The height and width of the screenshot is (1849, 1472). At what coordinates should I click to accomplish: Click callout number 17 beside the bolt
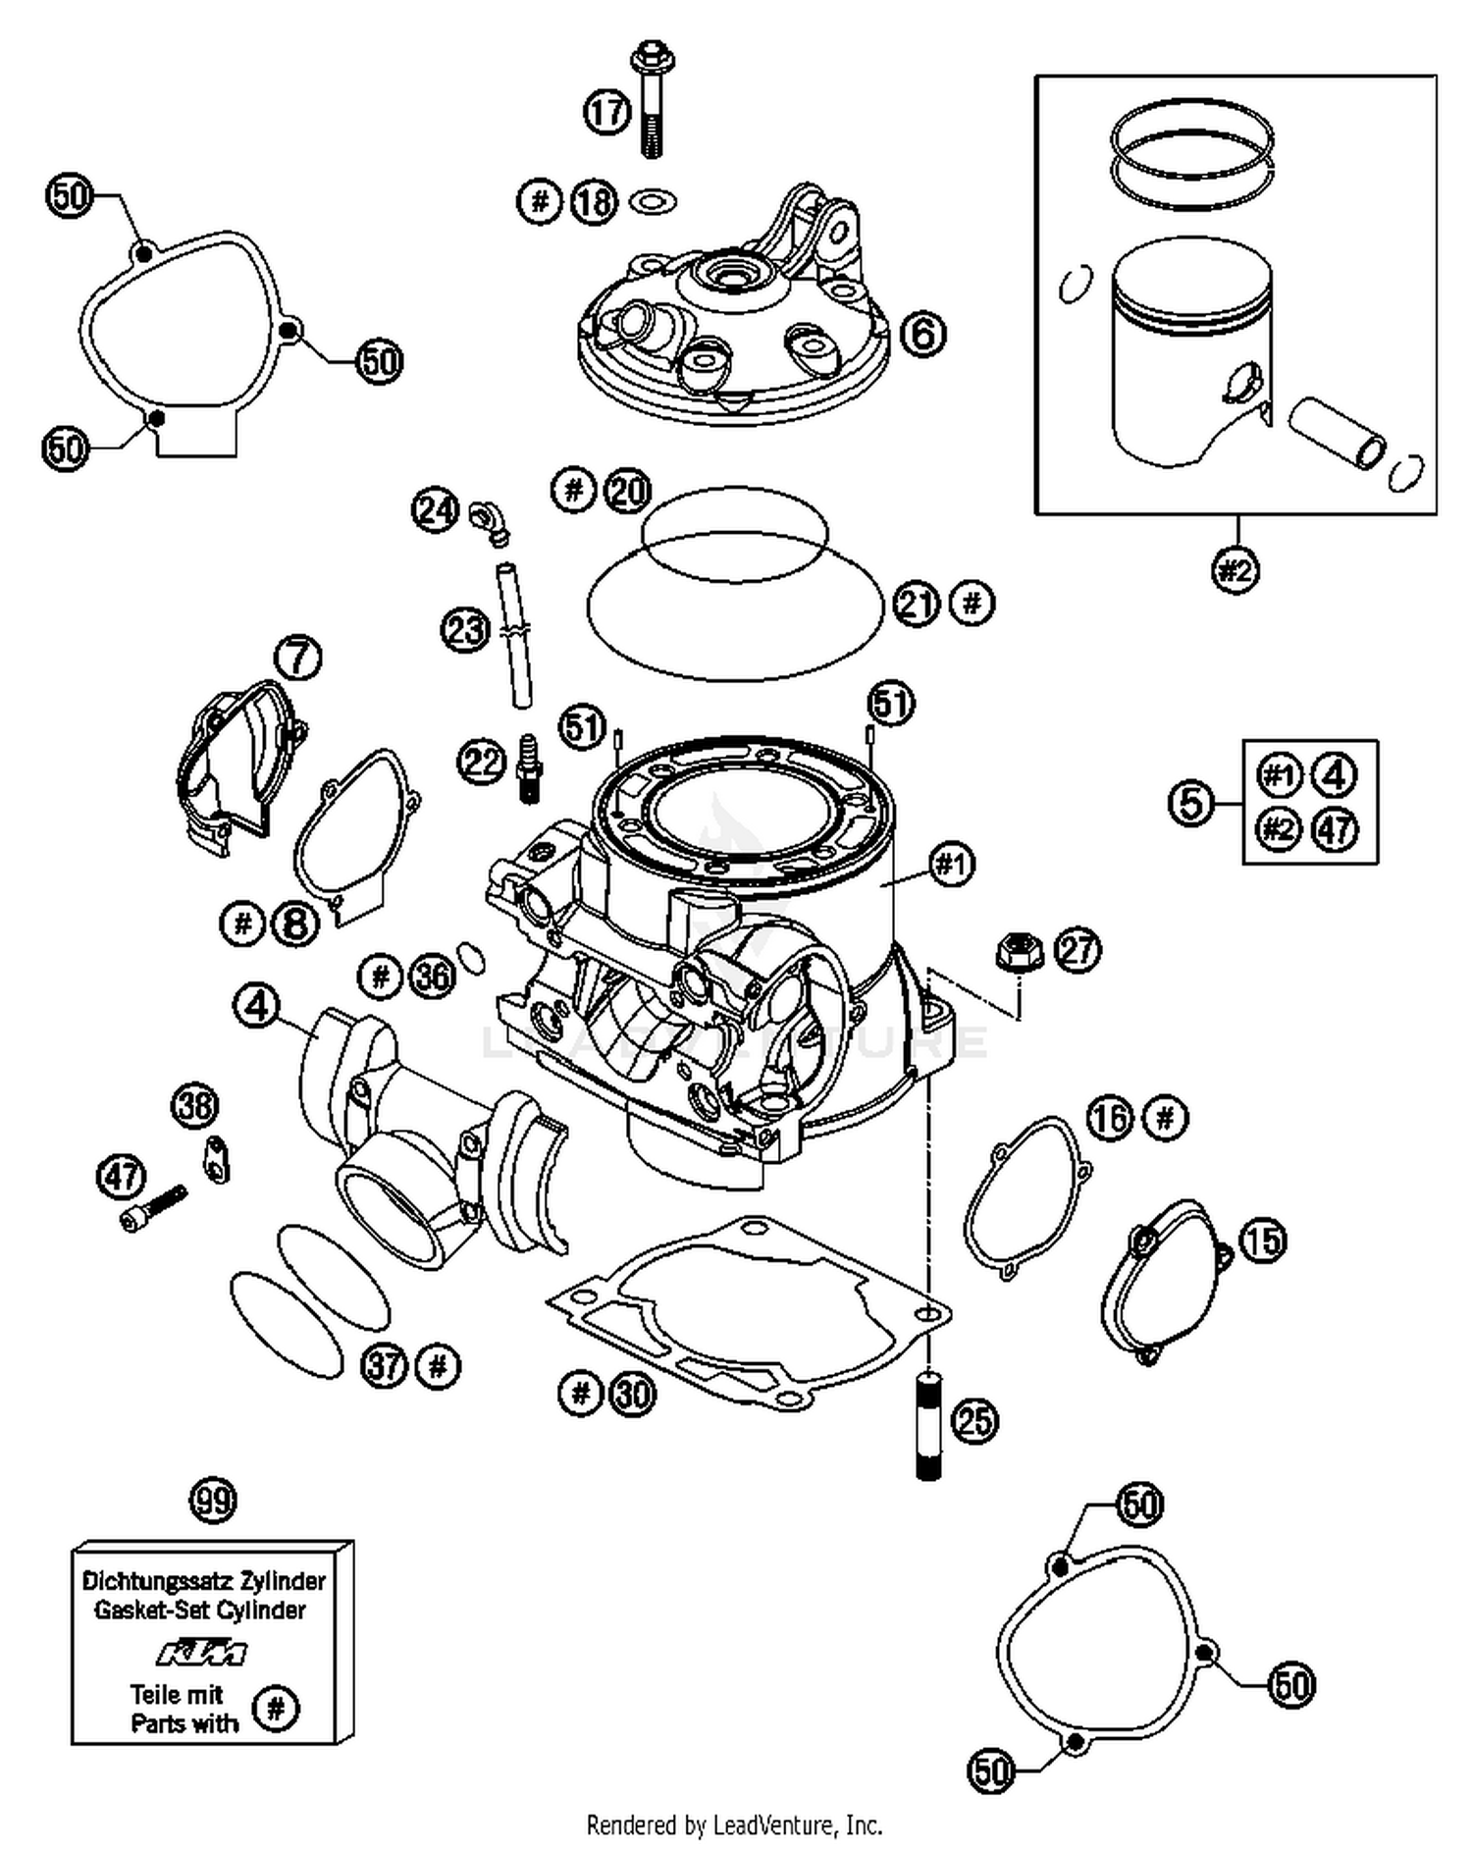pos(606,111)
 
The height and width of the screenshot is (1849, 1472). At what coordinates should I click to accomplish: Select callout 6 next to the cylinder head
pos(922,335)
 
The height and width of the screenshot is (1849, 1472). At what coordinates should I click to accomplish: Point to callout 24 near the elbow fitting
pos(435,510)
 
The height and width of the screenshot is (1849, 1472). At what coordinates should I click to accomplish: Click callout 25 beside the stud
pos(974,1420)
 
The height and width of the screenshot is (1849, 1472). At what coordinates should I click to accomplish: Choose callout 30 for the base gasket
pos(633,1393)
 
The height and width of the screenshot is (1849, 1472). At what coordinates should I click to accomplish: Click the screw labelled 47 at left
pos(153,1207)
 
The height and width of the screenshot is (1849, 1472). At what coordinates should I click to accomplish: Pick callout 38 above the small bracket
pos(195,1106)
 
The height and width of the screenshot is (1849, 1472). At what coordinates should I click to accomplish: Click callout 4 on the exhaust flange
pos(257,1006)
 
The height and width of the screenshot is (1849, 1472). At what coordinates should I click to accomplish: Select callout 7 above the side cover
pos(298,657)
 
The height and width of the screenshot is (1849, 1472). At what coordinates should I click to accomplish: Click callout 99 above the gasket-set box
pos(213,1501)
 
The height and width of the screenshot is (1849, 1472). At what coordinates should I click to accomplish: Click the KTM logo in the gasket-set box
pos(203,1654)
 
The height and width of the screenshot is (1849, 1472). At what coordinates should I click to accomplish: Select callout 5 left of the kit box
pos(1191,803)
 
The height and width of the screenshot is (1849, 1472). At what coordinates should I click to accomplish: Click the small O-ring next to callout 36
pos(472,957)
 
